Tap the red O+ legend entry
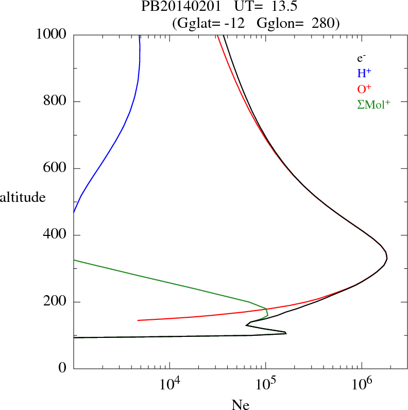[x=363, y=89]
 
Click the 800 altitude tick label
[x=56, y=101]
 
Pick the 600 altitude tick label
[x=56, y=168]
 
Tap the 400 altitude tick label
[x=56, y=235]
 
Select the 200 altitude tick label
[x=56, y=302]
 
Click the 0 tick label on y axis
[x=63, y=369]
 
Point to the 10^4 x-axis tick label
[x=169, y=384]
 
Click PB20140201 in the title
[x=174, y=8]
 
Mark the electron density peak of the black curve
[x=387, y=258]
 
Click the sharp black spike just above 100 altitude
[x=285, y=333]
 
